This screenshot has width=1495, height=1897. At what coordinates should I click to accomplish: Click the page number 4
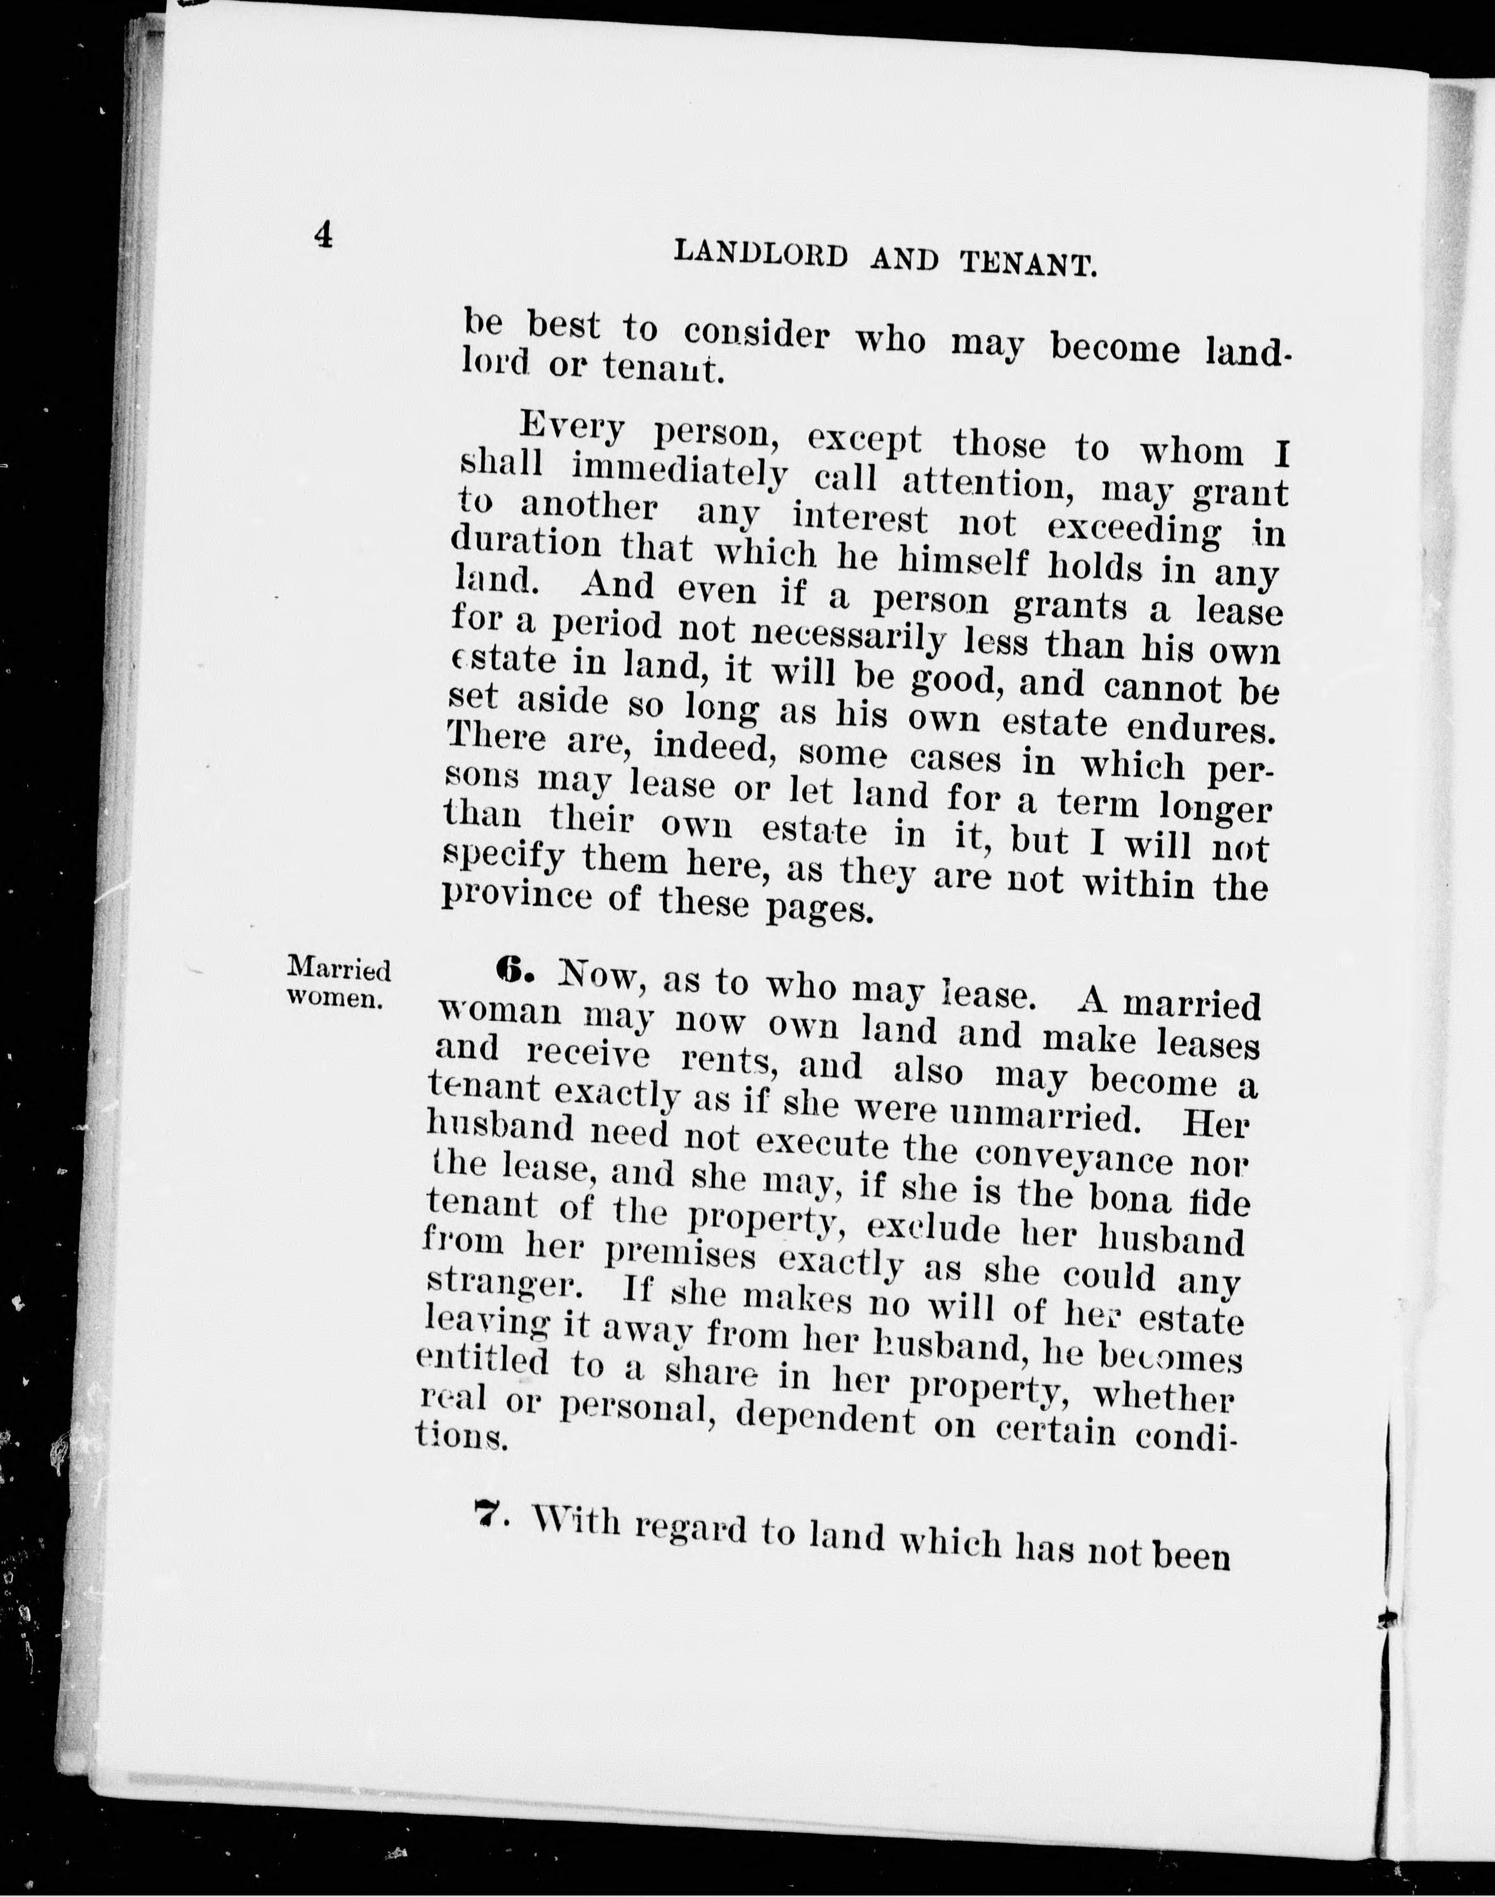pyautogui.click(x=324, y=234)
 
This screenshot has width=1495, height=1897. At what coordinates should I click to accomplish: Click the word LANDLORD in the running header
pyautogui.click(x=761, y=255)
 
